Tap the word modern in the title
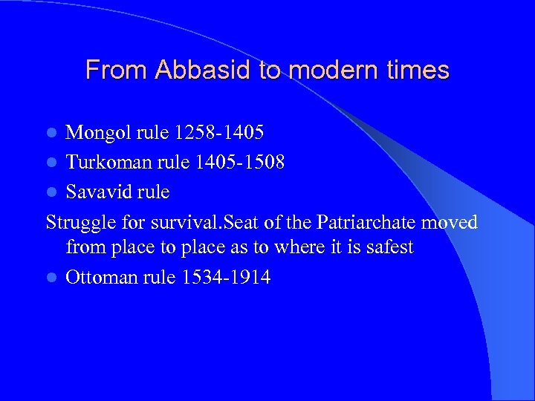(x=324, y=70)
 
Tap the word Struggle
(x=78, y=222)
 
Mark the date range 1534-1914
(x=225, y=278)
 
